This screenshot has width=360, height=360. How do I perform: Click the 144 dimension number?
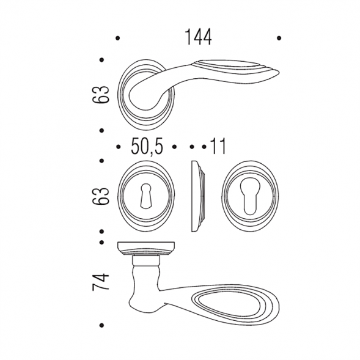click(198, 37)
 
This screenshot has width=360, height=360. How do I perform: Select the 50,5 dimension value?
click(147, 147)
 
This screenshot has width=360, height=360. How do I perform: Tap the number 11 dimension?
click(218, 146)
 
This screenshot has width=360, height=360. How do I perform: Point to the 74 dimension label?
click(101, 282)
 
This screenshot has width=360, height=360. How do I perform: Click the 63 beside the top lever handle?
click(101, 95)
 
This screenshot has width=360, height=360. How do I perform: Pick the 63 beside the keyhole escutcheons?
click(101, 196)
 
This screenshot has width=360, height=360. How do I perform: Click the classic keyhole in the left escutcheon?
click(145, 196)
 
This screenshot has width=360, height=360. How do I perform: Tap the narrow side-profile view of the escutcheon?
click(198, 196)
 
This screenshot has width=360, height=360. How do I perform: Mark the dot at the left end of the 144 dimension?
click(118, 38)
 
